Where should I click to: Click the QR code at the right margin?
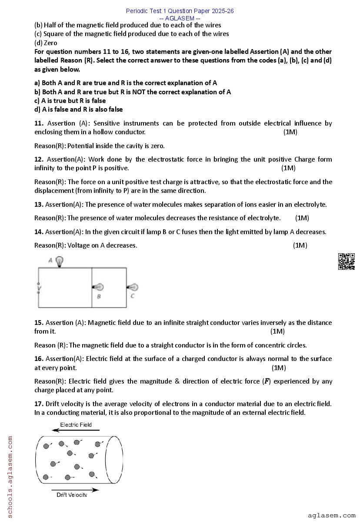(346, 261)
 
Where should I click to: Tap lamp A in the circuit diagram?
(60, 261)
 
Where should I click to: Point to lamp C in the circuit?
(133, 287)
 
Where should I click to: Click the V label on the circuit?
(39, 288)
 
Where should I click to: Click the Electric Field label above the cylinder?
(76, 424)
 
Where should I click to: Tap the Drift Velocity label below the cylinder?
(72, 495)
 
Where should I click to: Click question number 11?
(39, 123)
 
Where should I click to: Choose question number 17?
(39, 404)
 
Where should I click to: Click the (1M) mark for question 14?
(300, 245)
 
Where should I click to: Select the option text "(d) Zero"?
(46, 43)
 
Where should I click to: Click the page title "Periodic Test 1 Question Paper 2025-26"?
(180, 11)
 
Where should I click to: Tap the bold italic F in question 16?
(267, 381)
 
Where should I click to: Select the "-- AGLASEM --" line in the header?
(180, 18)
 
